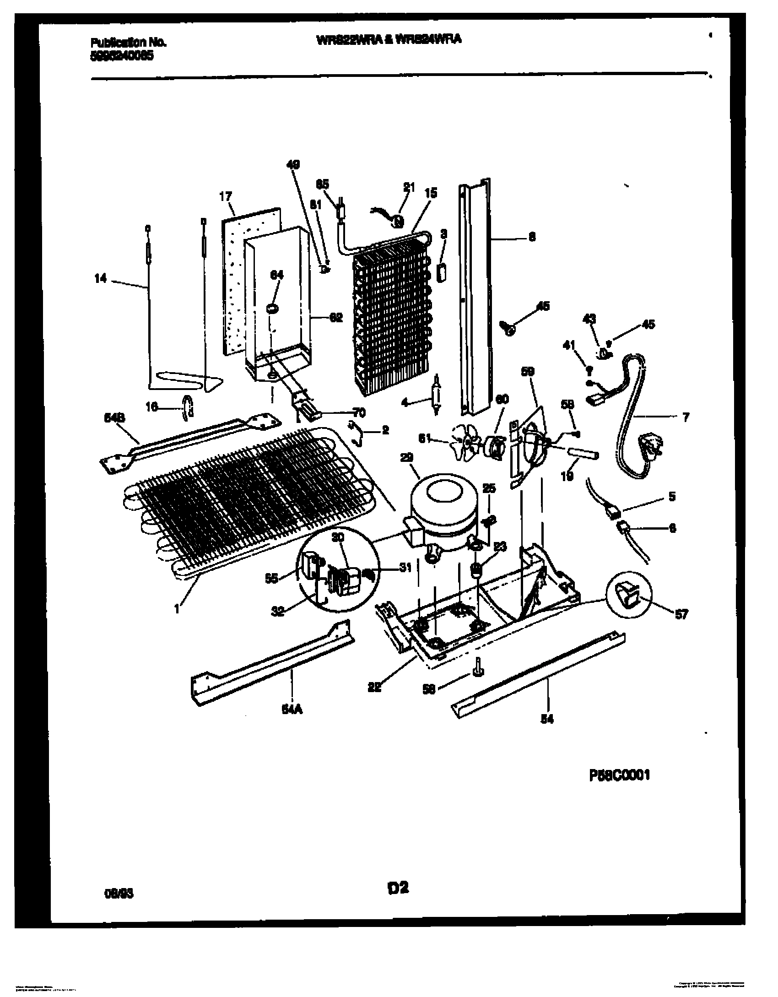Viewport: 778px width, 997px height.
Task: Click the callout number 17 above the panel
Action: (225, 197)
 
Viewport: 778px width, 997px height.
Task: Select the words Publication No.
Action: (129, 43)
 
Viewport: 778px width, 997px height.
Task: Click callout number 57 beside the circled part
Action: (681, 615)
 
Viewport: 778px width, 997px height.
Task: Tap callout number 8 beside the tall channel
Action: (532, 237)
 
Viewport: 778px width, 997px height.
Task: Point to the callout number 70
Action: (359, 413)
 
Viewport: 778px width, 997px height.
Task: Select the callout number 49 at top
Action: (293, 165)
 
